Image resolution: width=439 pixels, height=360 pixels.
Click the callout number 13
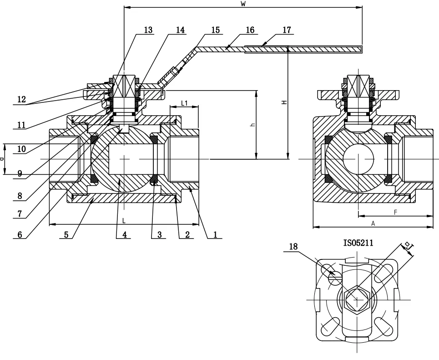(148, 30)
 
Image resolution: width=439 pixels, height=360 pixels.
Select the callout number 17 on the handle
(287, 30)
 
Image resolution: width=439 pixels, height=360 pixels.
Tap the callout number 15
(215, 30)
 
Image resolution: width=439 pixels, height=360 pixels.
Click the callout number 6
(19, 234)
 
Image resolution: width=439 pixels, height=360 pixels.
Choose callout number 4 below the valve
(123, 234)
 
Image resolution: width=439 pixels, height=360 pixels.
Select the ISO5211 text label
(358, 243)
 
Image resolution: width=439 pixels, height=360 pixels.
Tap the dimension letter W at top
(243, 4)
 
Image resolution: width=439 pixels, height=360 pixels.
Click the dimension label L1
(184, 103)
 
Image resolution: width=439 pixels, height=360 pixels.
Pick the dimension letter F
(395, 212)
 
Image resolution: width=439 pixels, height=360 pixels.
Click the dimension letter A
(373, 223)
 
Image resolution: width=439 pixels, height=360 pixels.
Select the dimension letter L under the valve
(123, 220)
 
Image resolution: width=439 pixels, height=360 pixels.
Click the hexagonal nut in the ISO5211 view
(358, 299)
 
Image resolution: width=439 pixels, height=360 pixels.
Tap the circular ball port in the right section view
(358, 159)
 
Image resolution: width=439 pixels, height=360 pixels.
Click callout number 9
(19, 173)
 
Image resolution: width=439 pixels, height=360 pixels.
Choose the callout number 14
(181, 30)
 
